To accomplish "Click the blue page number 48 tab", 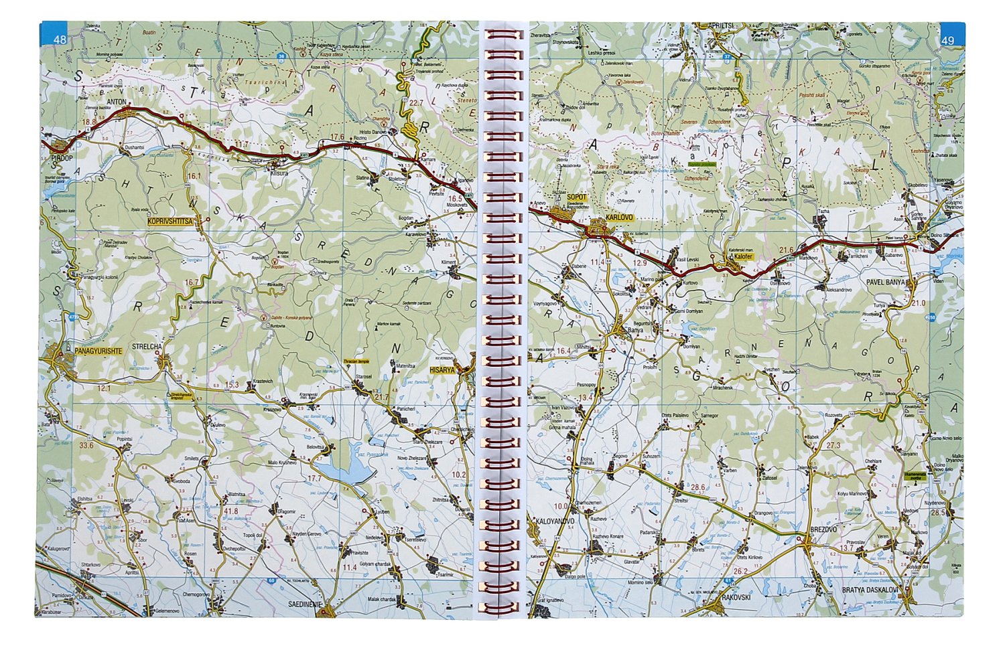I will point(60,39).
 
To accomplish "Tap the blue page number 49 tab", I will point(947,40).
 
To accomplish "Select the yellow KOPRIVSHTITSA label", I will point(171,220).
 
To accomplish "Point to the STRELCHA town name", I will point(147,346).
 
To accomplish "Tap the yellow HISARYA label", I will point(443,369).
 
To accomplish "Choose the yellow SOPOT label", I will point(576,197).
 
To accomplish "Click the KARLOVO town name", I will point(618,218).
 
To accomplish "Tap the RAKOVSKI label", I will point(736,597).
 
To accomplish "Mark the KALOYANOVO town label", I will point(555,520).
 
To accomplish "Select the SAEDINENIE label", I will point(306,604).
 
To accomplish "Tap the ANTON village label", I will point(117,102).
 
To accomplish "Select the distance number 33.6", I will point(86,444).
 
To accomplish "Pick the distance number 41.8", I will point(230,511).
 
